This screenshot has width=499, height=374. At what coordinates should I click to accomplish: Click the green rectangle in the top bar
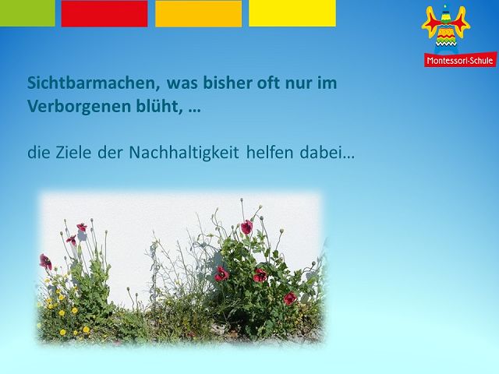tap(27, 13)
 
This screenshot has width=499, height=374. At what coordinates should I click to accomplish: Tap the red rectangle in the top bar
tap(104, 13)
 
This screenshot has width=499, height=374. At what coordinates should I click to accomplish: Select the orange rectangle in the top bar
tap(198, 13)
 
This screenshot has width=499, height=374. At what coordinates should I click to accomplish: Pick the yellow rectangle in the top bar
tap(292, 13)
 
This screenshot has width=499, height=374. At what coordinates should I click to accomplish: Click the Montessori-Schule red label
tap(460, 60)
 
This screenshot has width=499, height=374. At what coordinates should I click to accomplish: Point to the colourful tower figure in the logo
tap(446, 29)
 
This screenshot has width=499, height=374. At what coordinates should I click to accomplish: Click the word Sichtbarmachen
tap(94, 83)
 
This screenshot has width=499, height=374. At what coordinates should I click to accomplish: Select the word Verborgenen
tap(80, 107)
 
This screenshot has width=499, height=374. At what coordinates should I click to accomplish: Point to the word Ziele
tap(75, 153)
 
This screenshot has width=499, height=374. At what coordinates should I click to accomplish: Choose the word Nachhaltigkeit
tap(184, 153)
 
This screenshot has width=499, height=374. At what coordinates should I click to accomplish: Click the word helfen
tap(270, 153)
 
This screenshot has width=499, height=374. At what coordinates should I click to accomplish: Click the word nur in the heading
tap(299, 84)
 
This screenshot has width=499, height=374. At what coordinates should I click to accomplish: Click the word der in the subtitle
tap(110, 153)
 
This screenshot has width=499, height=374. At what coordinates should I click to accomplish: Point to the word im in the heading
tap(327, 83)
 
